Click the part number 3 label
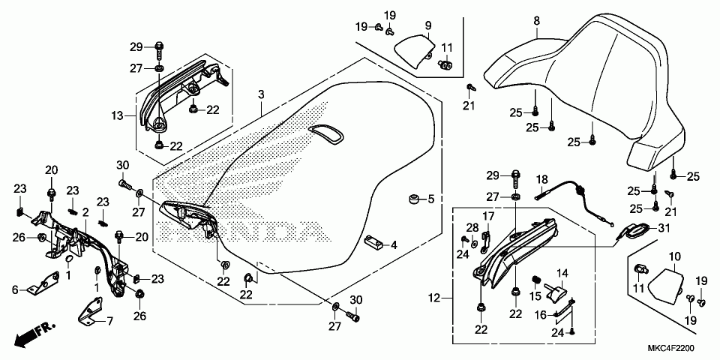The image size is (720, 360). tap(261, 94)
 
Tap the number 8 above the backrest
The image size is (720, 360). tap(537, 21)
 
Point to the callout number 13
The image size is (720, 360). tap(116, 115)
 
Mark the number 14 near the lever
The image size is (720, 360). tap(562, 273)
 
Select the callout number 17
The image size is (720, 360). tap(487, 216)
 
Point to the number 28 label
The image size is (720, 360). tap(472, 227)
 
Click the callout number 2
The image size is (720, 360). tap(85, 213)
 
